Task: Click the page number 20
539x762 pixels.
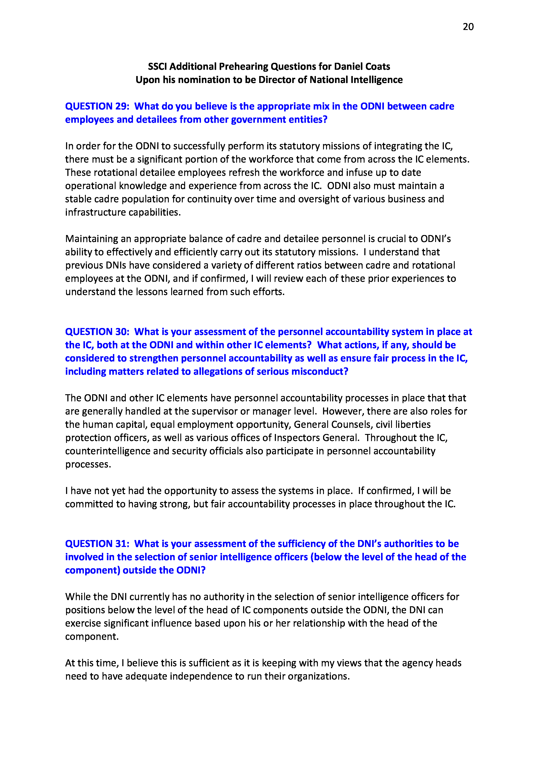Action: click(468, 27)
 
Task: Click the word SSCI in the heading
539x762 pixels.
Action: click(158, 66)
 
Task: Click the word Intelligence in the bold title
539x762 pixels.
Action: click(376, 80)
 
